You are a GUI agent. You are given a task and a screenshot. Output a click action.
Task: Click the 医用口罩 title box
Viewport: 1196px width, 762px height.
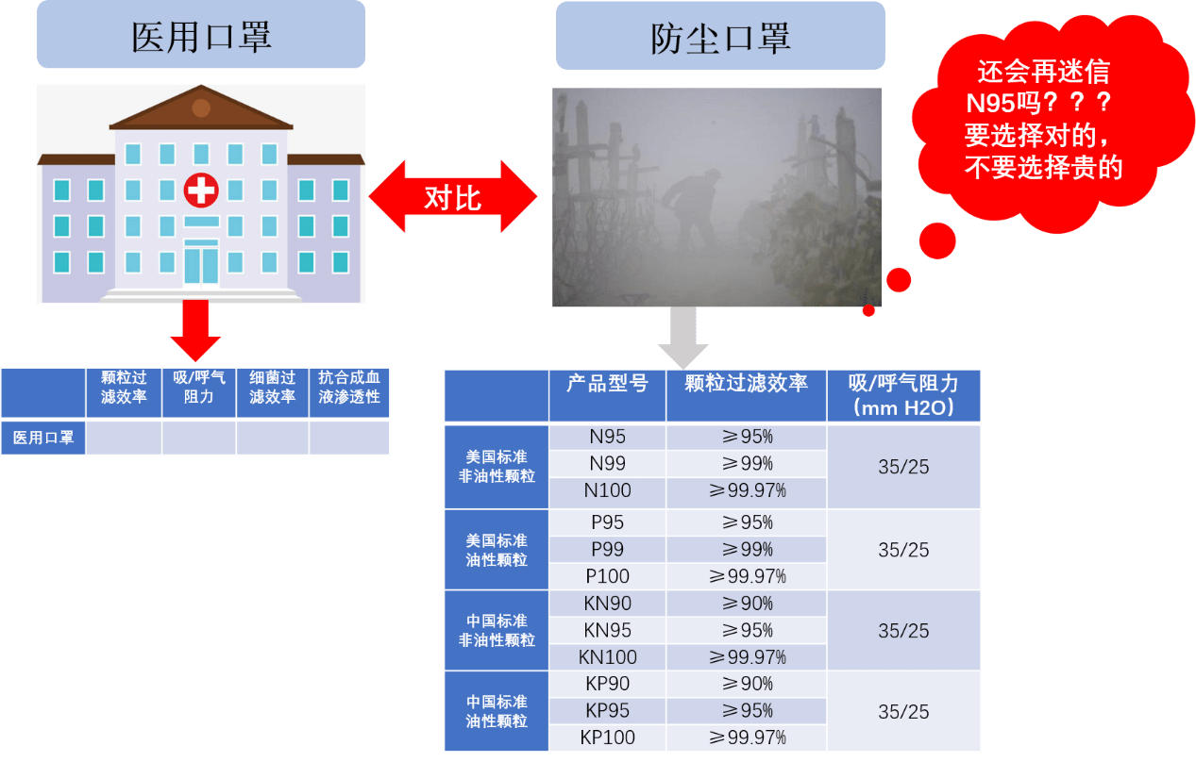coord(201,36)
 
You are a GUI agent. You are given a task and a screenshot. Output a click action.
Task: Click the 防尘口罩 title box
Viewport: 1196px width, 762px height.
coord(720,37)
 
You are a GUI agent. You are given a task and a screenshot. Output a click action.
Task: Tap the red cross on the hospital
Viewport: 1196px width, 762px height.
coord(200,190)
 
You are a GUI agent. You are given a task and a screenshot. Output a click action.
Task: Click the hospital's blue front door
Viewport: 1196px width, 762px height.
coord(200,264)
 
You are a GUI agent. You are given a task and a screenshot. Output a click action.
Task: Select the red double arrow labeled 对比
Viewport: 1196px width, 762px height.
coord(452,197)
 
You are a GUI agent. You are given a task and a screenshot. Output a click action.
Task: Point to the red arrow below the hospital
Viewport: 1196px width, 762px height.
coord(195,331)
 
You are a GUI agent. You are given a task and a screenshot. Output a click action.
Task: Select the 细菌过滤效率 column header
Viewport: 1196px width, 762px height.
coord(273,388)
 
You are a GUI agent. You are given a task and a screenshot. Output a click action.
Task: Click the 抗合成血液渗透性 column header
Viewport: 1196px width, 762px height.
coord(349,388)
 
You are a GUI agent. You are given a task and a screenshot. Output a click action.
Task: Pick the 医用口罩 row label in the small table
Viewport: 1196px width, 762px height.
coord(43,438)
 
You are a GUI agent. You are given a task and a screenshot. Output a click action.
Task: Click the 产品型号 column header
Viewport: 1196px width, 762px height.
coord(607,385)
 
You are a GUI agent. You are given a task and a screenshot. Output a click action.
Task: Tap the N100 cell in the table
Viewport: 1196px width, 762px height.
coord(607,490)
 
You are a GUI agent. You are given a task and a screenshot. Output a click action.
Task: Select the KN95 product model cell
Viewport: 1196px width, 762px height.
coord(607,630)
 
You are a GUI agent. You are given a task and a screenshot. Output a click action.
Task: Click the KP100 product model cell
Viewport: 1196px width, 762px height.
coord(607,737)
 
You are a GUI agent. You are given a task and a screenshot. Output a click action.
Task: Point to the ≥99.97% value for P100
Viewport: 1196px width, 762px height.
coord(746,576)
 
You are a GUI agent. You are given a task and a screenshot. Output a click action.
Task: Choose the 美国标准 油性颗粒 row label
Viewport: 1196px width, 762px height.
coord(497,550)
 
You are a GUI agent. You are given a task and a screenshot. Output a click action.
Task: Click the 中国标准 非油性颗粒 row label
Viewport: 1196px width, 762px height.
coord(497,630)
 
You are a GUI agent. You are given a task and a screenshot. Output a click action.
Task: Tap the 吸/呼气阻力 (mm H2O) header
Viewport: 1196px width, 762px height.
coord(903,395)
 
